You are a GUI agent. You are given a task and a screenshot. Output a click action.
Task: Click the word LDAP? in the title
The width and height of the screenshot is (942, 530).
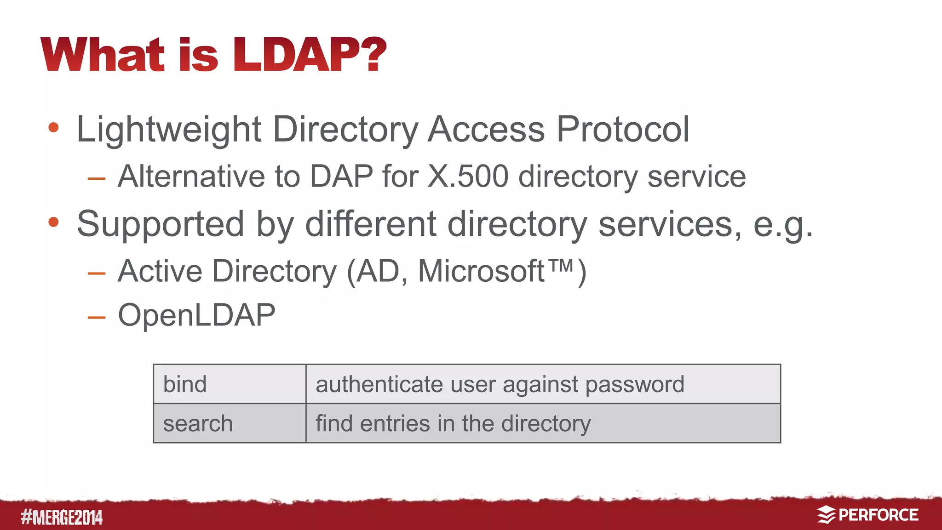coord(310,55)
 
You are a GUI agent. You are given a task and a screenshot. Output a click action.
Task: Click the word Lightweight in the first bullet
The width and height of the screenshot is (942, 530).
coord(169,130)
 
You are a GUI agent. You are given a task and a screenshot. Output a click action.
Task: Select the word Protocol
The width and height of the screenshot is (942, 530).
coord(623,129)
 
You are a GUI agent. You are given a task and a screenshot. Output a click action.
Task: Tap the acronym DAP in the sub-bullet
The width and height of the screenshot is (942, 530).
coord(341,176)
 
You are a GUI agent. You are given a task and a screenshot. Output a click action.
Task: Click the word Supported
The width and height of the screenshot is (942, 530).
coord(160,224)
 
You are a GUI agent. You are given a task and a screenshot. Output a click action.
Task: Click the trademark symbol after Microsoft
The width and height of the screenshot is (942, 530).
coord(561,266)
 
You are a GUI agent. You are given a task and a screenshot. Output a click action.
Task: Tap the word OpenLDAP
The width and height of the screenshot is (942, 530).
coord(196,315)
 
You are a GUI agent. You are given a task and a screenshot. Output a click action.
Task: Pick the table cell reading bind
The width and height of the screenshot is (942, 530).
coord(230,384)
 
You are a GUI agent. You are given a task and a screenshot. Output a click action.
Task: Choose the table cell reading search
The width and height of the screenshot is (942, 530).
coord(230,423)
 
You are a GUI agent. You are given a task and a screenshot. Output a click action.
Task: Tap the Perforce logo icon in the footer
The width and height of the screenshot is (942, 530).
coord(826,515)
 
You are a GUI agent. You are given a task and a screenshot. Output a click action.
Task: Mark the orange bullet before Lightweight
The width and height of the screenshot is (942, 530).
coord(54,127)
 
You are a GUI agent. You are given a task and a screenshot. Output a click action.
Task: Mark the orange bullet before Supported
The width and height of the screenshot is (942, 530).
coord(54,222)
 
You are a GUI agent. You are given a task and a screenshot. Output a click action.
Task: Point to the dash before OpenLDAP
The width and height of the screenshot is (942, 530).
coord(97,317)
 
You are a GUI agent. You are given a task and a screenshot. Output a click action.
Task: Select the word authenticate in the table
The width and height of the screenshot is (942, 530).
coord(379,384)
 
